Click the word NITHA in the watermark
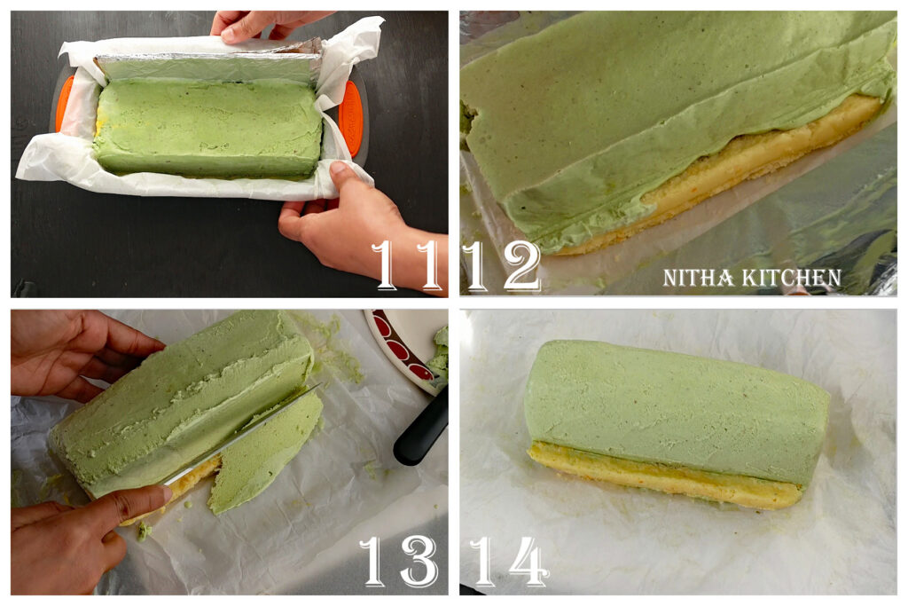[x=698, y=278]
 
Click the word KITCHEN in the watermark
[x=793, y=278]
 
